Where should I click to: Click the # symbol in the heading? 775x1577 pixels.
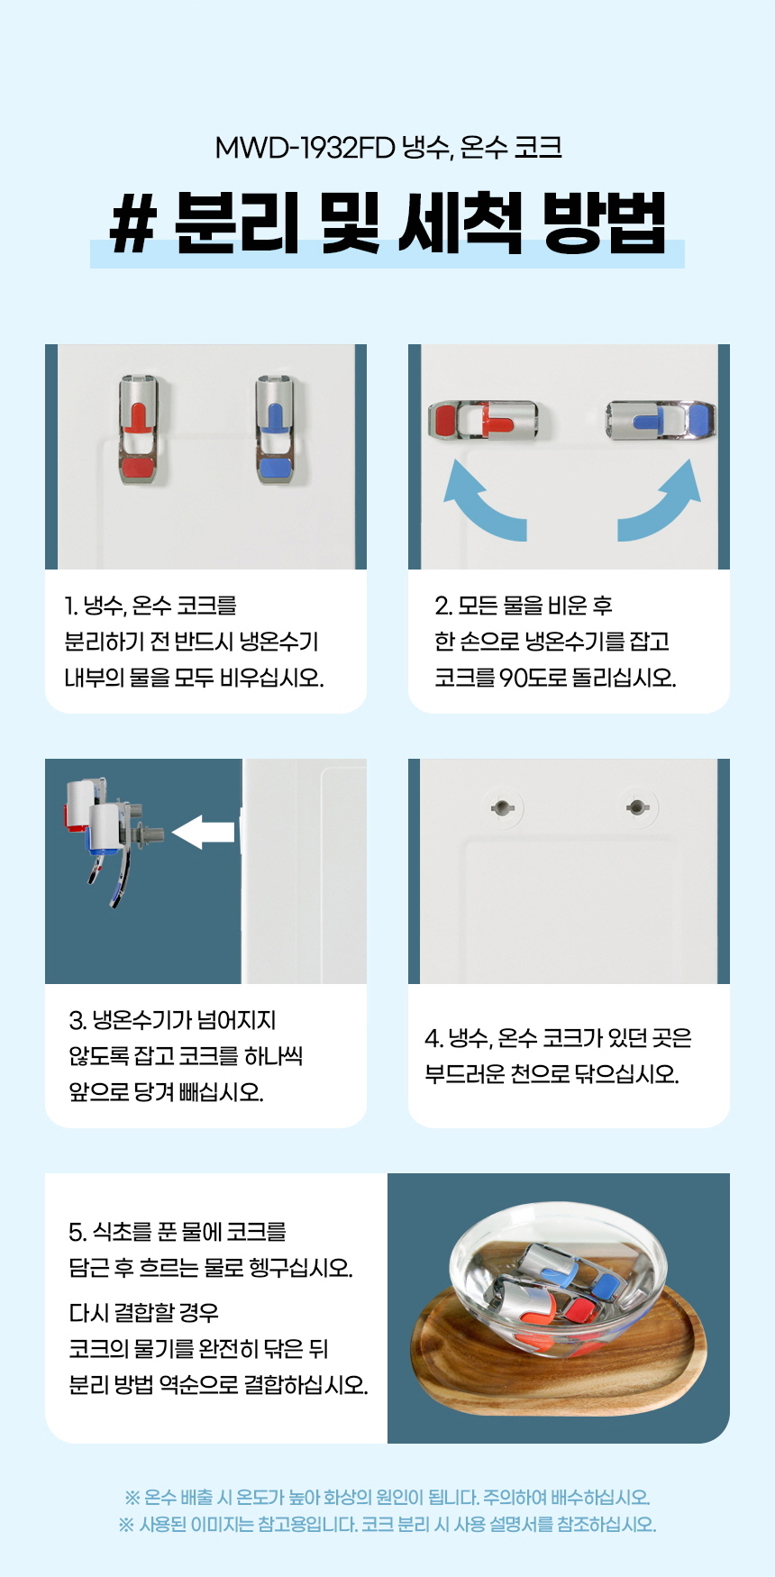[133, 223]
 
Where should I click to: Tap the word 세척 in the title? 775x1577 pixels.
[460, 223]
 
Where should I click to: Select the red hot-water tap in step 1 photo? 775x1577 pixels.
[139, 429]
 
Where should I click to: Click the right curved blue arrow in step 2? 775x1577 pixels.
[659, 500]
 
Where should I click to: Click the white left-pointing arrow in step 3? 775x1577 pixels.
[203, 832]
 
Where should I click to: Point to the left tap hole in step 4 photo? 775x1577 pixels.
[502, 807]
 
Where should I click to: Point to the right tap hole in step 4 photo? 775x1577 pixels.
[636, 807]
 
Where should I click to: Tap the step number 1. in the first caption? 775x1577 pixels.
[71, 606]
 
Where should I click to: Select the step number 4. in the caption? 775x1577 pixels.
[433, 1038]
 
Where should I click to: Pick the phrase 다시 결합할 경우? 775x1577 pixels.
[144, 1313]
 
